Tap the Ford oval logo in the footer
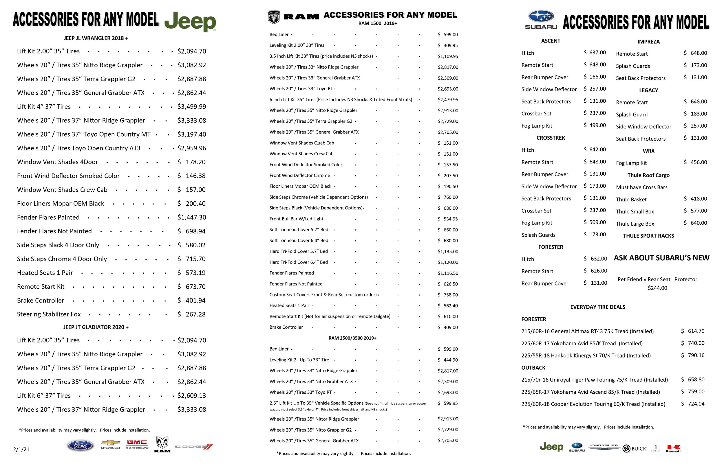click(x=80, y=445)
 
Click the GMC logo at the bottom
click(x=137, y=443)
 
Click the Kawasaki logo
click(x=673, y=449)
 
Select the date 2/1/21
click(x=21, y=449)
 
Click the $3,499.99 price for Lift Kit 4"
click(x=192, y=107)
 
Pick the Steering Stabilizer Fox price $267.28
click(x=192, y=314)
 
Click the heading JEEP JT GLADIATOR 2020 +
click(x=96, y=327)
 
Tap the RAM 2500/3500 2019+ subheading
click(x=352, y=338)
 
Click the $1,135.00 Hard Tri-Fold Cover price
click(x=448, y=252)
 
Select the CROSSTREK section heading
click(x=551, y=138)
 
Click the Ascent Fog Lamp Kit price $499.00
click(x=595, y=125)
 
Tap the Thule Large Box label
click(x=635, y=224)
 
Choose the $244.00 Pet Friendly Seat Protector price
click(x=657, y=288)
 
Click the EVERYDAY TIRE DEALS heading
click(x=597, y=307)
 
